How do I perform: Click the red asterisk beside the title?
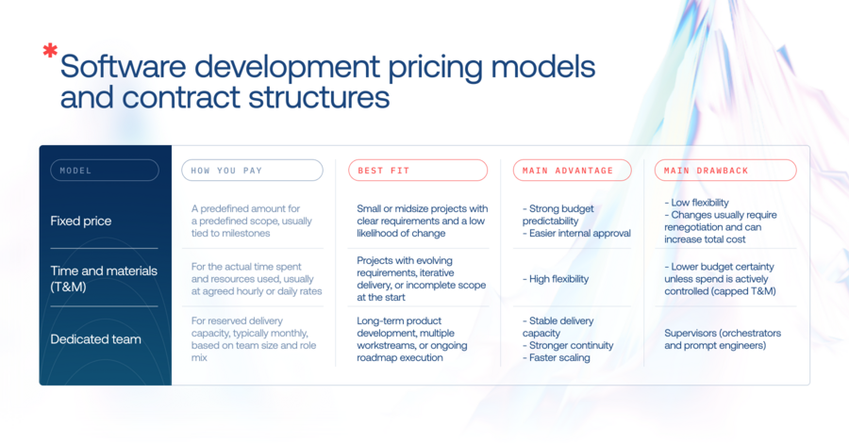pos(50,50)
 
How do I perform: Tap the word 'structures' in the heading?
pos(319,98)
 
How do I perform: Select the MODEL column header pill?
pos(105,171)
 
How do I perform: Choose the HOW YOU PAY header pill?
pos(252,171)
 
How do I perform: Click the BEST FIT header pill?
pos(418,171)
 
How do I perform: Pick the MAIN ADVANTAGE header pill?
pos(573,171)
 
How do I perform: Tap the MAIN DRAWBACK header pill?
pos(725,171)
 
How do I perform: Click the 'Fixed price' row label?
pos(81,221)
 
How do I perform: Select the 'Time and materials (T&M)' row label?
pos(104,279)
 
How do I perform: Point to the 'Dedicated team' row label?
pos(96,339)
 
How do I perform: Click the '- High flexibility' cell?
pos(556,279)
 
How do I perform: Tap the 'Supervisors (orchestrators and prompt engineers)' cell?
pos(723,339)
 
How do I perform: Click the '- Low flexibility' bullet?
pos(697,203)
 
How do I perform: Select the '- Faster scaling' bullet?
pos(556,357)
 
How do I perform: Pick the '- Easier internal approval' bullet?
pos(576,233)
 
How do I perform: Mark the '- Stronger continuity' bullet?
pos(568,346)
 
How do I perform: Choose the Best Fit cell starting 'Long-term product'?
pos(412,339)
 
